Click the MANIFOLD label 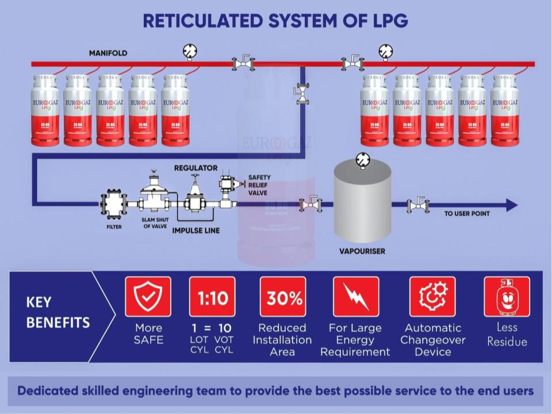(108, 53)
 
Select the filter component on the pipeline (113, 204)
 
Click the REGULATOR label (195, 168)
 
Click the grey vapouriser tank (362, 201)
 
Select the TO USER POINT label (467, 214)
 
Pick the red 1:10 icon (212, 297)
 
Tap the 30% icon (283, 297)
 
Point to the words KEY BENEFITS (58, 312)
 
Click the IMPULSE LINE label (197, 231)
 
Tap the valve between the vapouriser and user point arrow (417, 204)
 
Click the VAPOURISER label (362, 251)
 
